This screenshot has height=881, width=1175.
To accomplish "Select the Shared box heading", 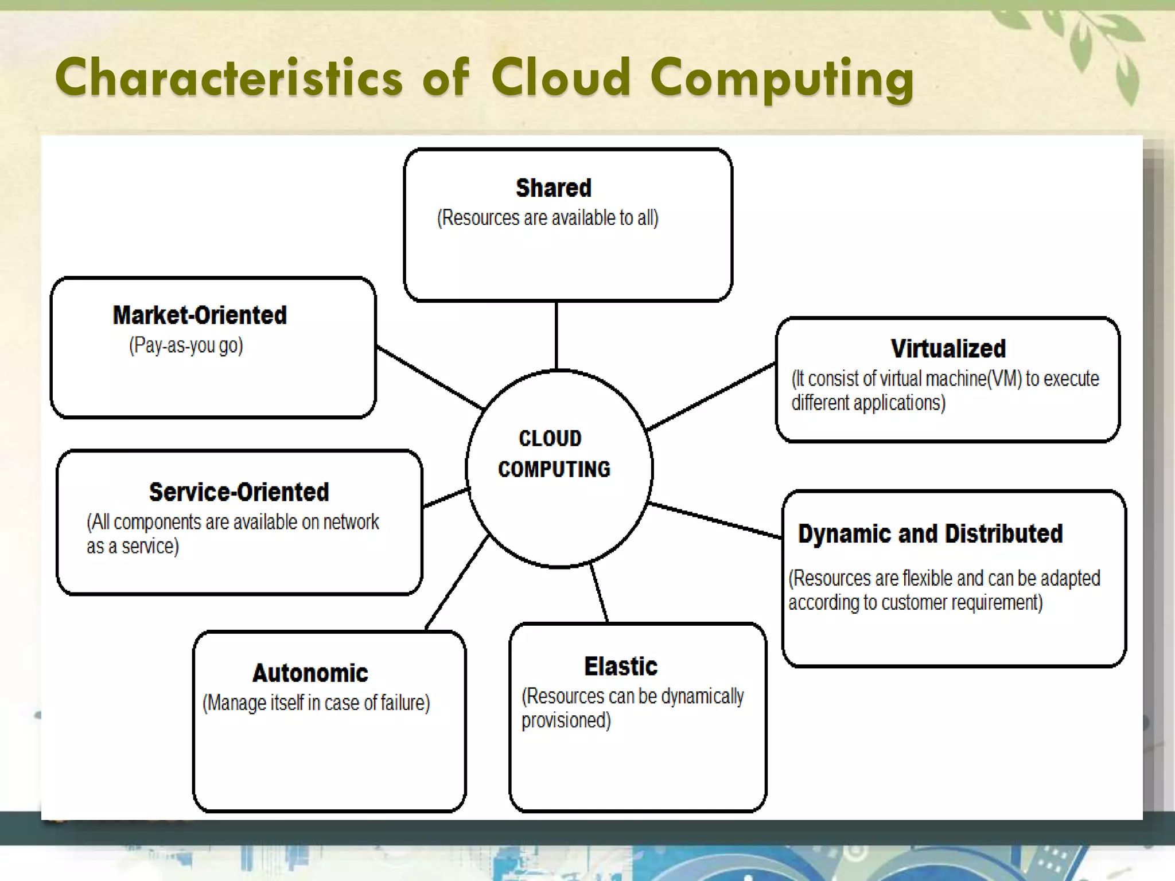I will click(553, 188).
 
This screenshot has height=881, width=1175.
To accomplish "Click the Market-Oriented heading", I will click(200, 315).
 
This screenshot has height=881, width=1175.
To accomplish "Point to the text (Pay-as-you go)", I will click(186, 345).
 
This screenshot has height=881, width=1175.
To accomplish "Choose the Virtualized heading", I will click(948, 349).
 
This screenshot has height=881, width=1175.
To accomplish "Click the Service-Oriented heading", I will click(239, 492).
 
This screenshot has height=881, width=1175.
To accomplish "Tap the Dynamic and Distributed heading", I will click(930, 534).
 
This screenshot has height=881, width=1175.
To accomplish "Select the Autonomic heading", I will click(310, 673).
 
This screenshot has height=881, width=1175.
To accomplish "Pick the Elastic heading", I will click(621, 666).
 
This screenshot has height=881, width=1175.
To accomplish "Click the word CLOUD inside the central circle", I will click(550, 439).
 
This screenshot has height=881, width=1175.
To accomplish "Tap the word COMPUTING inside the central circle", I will click(554, 470).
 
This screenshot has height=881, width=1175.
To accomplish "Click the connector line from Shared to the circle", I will click(556, 336).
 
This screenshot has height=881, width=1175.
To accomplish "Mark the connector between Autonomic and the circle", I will click(457, 582).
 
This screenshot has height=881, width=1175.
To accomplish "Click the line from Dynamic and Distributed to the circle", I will click(715, 520).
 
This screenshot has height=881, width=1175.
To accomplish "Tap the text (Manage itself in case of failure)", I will click(316, 703).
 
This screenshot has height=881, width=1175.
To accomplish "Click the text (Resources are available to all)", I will click(547, 219).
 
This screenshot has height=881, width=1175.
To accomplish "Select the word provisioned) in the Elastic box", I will click(566, 721).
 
